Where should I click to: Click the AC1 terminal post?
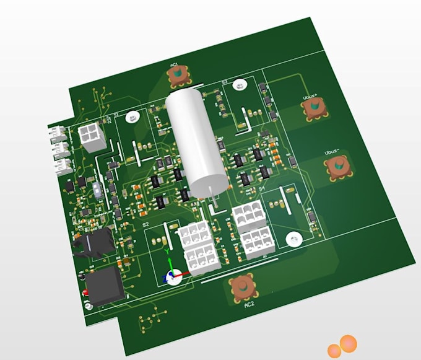(x=178, y=76)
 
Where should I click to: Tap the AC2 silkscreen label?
(x=249, y=305)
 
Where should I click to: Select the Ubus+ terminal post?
(x=314, y=109)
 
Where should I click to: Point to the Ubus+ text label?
(x=310, y=97)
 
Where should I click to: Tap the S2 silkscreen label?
(x=145, y=224)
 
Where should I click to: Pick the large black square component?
(x=103, y=286)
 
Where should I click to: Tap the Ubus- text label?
(x=332, y=152)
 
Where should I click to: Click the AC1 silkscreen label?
(x=174, y=64)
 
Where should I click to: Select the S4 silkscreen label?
(x=262, y=187)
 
